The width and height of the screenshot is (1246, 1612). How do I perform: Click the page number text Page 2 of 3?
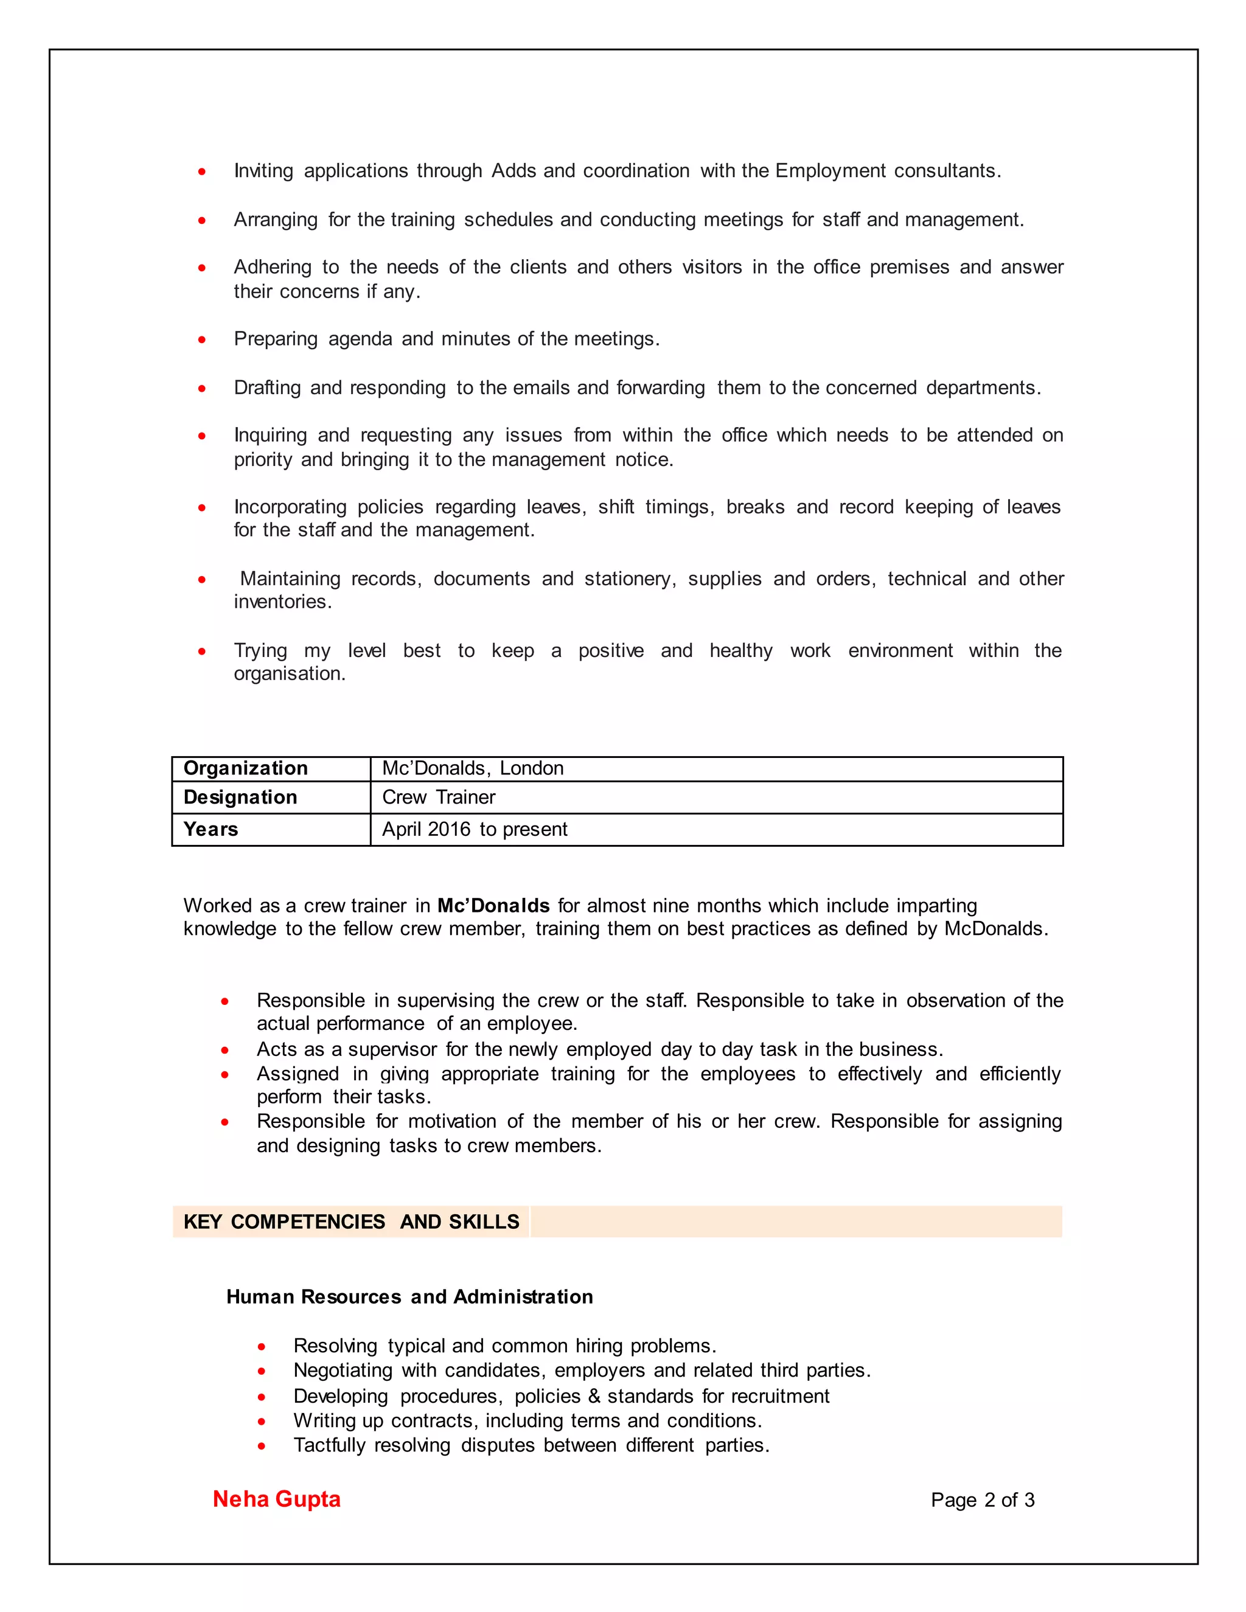982,1500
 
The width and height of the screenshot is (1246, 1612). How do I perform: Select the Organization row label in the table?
245,768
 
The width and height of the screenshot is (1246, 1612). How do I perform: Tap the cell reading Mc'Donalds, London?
472,768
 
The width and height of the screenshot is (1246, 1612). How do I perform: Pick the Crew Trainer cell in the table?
439,797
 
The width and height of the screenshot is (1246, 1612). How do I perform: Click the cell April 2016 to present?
475,830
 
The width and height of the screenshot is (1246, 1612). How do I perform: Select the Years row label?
211,830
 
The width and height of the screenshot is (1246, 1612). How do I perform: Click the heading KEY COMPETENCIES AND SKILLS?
352,1221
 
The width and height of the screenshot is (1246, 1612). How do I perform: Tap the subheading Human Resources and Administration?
409,1297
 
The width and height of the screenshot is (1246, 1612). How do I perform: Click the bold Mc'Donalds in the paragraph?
493,906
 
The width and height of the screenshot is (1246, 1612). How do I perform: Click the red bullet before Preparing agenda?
201,340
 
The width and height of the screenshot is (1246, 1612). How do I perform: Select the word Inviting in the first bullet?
263,172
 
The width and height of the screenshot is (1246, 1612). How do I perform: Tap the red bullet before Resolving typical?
261,1347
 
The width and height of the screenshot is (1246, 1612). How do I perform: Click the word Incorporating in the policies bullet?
290,507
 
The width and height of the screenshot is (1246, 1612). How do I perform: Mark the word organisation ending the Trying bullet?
288,674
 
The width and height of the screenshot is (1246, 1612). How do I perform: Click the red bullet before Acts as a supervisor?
224,1051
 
